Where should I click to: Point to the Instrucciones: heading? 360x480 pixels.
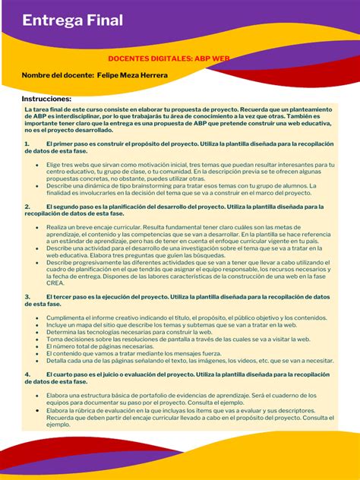(x=46, y=99)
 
